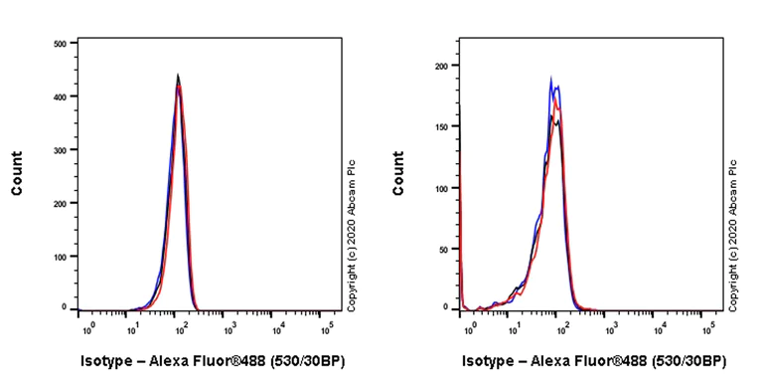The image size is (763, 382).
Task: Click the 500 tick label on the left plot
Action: (59, 44)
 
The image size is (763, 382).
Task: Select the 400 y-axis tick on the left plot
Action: (59, 96)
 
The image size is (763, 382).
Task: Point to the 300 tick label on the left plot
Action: (59, 149)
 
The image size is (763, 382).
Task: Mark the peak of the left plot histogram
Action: (178, 76)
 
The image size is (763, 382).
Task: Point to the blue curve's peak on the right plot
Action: (551, 80)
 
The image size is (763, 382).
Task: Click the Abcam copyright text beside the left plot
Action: (351, 235)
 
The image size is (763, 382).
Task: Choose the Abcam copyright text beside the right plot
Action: (732, 235)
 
